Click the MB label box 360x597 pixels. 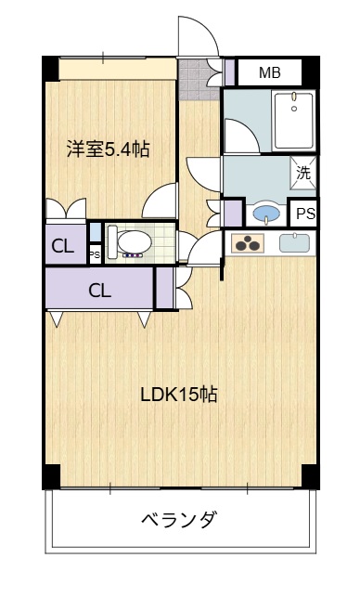[x=269, y=72]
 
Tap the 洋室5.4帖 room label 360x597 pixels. [x=109, y=148]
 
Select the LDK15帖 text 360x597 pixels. [x=179, y=394]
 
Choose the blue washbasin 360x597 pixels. [x=267, y=214]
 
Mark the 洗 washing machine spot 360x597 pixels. [x=303, y=172]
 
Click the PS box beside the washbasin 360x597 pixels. [x=304, y=214]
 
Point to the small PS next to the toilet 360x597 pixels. [x=94, y=252]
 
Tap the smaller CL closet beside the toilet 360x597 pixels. [x=63, y=246]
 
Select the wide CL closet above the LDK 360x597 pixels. [x=99, y=289]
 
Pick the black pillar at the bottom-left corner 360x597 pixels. [x=50, y=475]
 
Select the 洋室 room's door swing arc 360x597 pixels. [x=163, y=200]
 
